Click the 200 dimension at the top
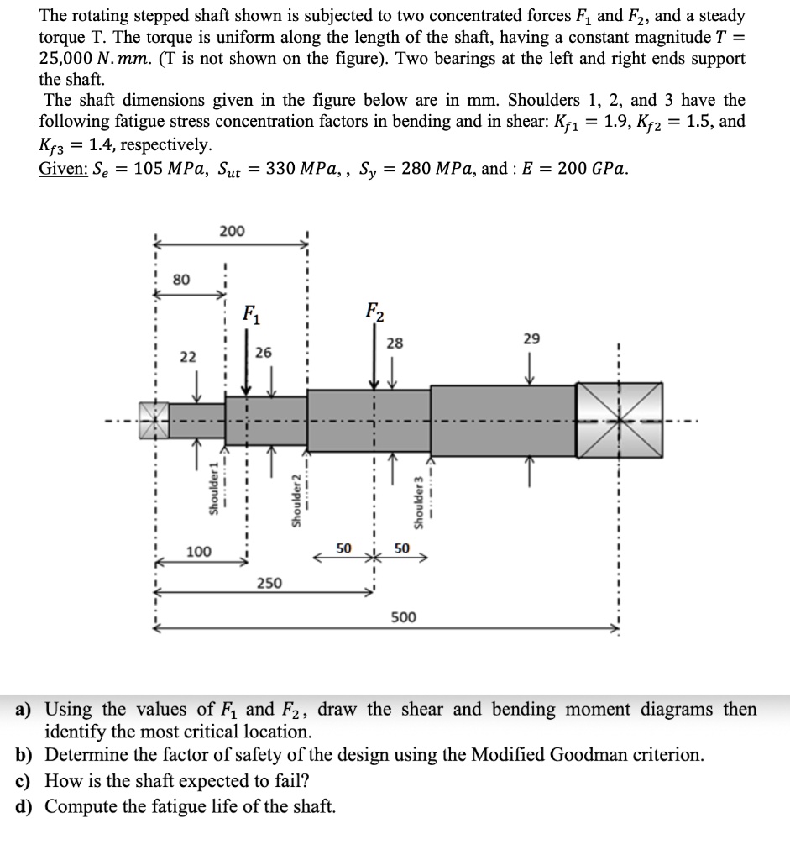pyautogui.click(x=233, y=231)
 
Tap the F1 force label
pyautogui.click(x=250, y=317)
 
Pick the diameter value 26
pyautogui.click(x=264, y=354)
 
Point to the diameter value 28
pyautogui.click(x=395, y=342)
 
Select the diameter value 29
pyautogui.click(x=531, y=338)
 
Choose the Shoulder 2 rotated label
pyautogui.click(x=296, y=501)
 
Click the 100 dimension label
pyautogui.click(x=199, y=552)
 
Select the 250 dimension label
pyautogui.click(x=269, y=583)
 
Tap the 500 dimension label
pyautogui.click(x=404, y=617)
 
